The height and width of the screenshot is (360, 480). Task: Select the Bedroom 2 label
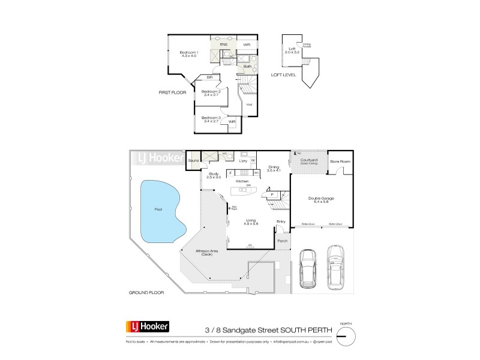click(211, 92)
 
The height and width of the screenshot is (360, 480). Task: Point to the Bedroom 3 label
click(211, 119)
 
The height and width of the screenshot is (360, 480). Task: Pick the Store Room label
click(340, 161)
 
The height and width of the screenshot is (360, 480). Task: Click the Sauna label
click(193, 161)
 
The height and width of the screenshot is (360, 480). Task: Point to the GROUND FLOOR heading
click(146, 292)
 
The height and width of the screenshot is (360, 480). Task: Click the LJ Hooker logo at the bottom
click(147, 327)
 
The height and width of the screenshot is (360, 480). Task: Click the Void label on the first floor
click(249, 105)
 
